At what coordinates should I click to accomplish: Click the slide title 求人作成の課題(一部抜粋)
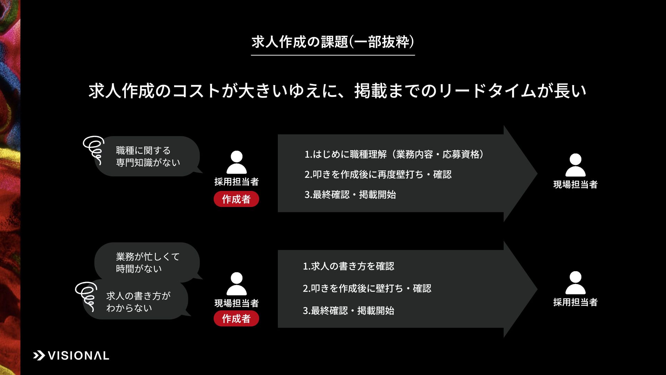(x=333, y=42)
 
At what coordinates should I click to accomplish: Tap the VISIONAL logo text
(x=78, y=356)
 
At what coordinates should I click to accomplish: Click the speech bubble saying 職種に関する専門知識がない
(x=148, y=156)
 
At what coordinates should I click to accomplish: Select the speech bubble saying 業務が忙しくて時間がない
(x=147, y=262)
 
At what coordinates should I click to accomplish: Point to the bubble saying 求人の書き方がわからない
(x=138, y=302)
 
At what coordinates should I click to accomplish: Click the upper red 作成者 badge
(x=236, y=199)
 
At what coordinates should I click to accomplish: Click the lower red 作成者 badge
(x=236, y=318)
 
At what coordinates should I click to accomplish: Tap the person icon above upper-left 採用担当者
(x=237, y=162)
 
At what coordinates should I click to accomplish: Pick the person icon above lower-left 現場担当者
(x=237, y=284)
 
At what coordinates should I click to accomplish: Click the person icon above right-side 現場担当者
(x=575, y=165)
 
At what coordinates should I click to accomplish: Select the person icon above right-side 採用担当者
(x=575, y=283)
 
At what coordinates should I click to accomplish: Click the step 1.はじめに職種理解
(x=394, y=154)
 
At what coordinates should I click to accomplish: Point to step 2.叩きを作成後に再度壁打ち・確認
(x=378, y=174)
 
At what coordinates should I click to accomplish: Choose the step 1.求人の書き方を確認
(x=348, y=266)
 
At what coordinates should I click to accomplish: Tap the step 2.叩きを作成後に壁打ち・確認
(x=367, y=288)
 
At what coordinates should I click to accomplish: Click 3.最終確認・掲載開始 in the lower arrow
(x=348, y=310)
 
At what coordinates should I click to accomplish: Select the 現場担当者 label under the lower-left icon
(x=237, y=303)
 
